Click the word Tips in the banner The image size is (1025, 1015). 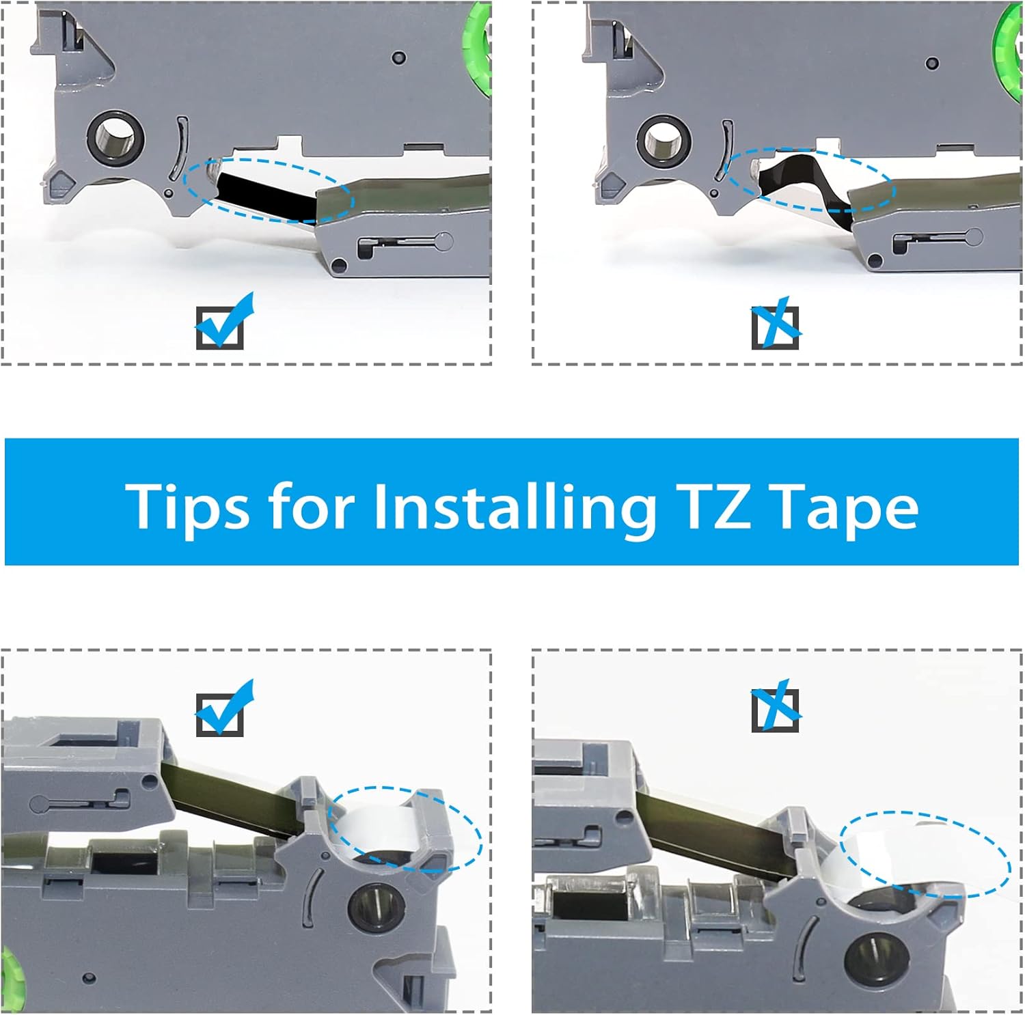tap(187, 506)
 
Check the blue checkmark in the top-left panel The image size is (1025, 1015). tap(223, 322)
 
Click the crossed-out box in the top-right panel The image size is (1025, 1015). tap(776, 325)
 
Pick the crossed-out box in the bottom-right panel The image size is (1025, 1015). tap(776, 708)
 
